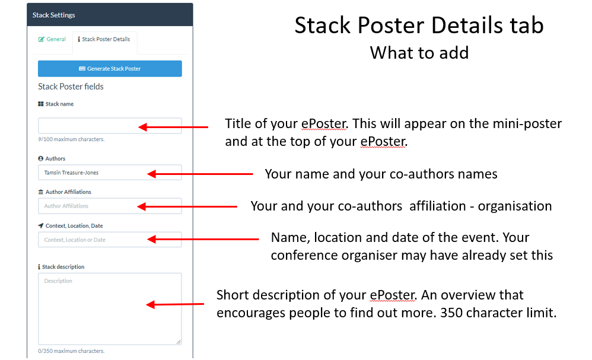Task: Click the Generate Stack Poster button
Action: (x=110, y=69)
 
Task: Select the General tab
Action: (x=52, y=39)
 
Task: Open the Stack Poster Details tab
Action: (x=104, y=39)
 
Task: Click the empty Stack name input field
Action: (x=110, y=126)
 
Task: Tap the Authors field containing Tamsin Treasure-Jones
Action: (x=110, y=173)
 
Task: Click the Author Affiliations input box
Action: (x=110, y=206)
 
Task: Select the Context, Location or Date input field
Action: (x=110, y=240)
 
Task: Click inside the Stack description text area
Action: (x=110, y=308)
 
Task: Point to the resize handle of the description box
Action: (x=179, y=342)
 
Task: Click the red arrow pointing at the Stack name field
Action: (x=173, y=127)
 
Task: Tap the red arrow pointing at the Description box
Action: (x=175, y=304)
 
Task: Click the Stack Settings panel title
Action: (x=53, y=15)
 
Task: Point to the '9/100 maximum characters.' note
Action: (x=71, y=139)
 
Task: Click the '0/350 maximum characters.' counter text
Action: (x=71, y=351)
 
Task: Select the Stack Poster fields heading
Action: (x=71, y=87)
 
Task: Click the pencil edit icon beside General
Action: (x=41, y=39)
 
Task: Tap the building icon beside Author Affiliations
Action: (x=41, y=192)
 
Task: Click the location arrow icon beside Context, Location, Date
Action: (x=41, y=225)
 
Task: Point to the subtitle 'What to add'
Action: (x=419, y=53)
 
